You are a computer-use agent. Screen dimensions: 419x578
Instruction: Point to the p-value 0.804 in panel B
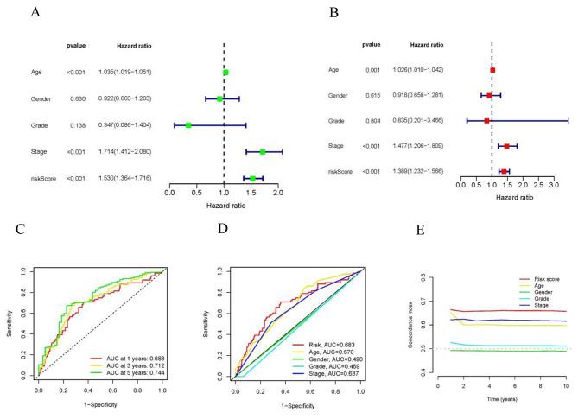coord(371,120)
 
